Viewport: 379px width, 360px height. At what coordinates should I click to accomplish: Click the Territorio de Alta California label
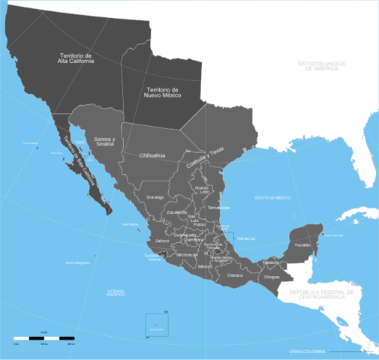pyautogui.click(x=78, y=58)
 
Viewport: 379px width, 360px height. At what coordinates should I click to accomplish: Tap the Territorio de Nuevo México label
pyautogui.click(x=162, y=93)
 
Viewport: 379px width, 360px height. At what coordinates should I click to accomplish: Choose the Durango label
pyautogui.click(x=155, y=196)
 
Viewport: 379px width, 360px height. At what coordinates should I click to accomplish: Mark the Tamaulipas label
pyautogui.click(x=218, y=207)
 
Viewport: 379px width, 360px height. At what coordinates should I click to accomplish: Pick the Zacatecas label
pyautogui.click(x=176, y=212)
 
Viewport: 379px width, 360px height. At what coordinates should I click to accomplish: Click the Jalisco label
pyautogui.click(x=162, y=241)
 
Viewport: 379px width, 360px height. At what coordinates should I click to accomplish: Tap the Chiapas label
pyautogui.click(x=272, y=277)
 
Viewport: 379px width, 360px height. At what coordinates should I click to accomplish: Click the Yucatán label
pyautogui.click(x=302, y=245)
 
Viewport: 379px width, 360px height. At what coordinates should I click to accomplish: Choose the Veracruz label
pyautogui.click(x=245, y=238)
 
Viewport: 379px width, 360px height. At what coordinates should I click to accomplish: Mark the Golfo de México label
pyautogui.click(x=272, y=197)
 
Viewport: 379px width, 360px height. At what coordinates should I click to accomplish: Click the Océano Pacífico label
pyautogui.click(x=116, y=292)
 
